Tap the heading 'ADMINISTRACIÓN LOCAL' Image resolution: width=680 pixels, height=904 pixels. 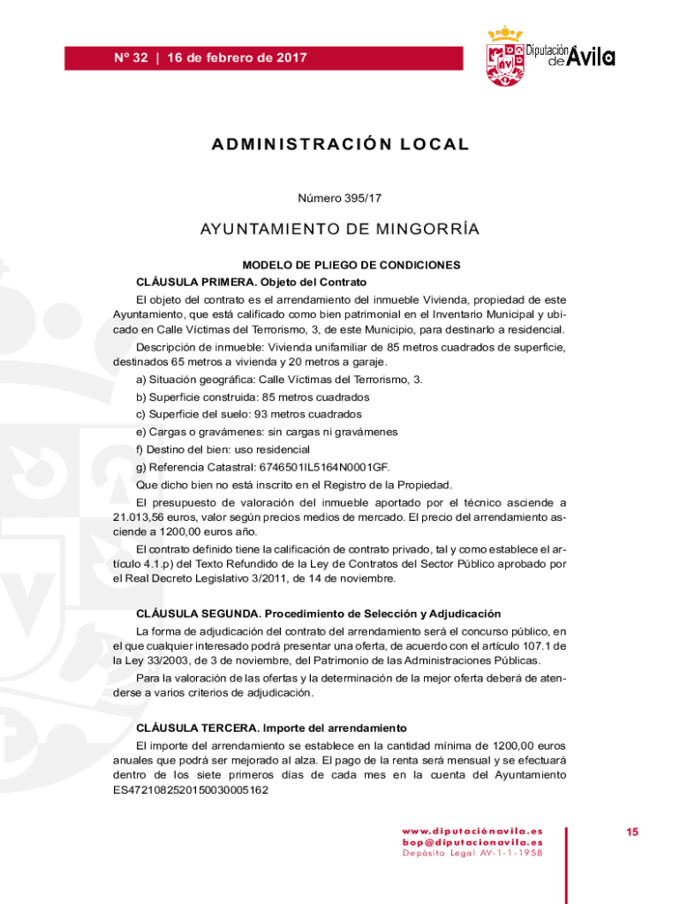pyautogui.click(x=340, y=145)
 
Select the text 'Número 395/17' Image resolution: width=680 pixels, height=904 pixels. pyautogui.click(x=340, y=200)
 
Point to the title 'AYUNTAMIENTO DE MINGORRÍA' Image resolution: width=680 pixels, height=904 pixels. pyautogui.click(x=340, y=230)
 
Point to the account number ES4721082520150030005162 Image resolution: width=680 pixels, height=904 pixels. pyautogui.click(x=191, y=791)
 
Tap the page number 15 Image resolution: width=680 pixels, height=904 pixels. pyautogui.click(x=632, y=832)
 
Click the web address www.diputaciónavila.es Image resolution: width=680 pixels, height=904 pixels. pyautogui.click(x=472, y=831)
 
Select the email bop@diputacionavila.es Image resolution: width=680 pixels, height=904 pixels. pyautogui.click(x=472, y=842)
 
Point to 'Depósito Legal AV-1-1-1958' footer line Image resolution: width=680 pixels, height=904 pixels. pyautogui.click(x=472, y=854)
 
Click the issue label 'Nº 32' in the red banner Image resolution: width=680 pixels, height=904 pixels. pyautogui.click(x=131, y=58)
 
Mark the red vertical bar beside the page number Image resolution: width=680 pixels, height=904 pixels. pyautogui.click(x=566, y=854)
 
